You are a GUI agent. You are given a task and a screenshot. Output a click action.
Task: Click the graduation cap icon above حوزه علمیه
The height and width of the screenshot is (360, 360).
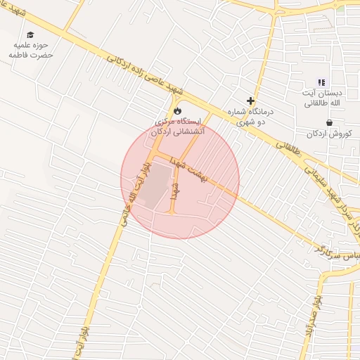tap(30, 34)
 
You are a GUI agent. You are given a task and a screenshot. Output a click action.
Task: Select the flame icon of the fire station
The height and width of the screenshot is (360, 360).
tap(178, 110)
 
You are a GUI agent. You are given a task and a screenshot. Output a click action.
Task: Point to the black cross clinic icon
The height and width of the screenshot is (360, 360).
tap(250, 101)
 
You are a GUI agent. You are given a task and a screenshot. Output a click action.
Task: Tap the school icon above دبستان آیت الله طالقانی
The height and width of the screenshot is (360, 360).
tap(322, 82)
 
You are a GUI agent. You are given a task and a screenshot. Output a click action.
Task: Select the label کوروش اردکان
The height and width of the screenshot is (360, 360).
tap(328, 134)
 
